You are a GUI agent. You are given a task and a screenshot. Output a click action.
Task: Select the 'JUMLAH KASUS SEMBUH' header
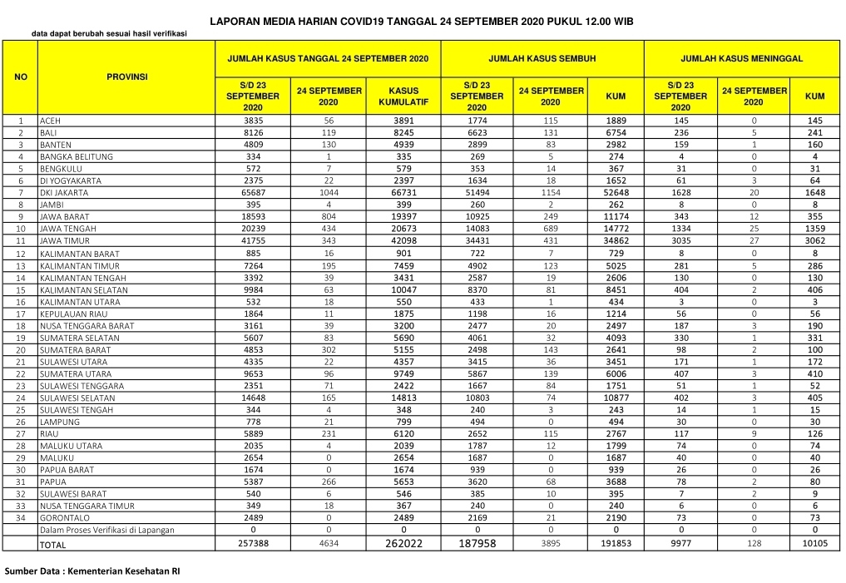542,60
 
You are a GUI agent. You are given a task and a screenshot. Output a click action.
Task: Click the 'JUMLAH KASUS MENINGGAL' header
741,60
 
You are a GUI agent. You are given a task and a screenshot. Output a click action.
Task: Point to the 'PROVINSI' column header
126,77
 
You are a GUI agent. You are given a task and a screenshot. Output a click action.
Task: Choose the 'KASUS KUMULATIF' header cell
403,96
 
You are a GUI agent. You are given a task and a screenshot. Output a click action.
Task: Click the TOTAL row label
52,545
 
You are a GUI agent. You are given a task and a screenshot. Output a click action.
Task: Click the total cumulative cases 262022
403,544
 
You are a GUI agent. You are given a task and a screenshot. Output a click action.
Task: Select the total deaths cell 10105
815,544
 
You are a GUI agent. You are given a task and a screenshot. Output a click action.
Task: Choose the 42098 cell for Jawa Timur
403,241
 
